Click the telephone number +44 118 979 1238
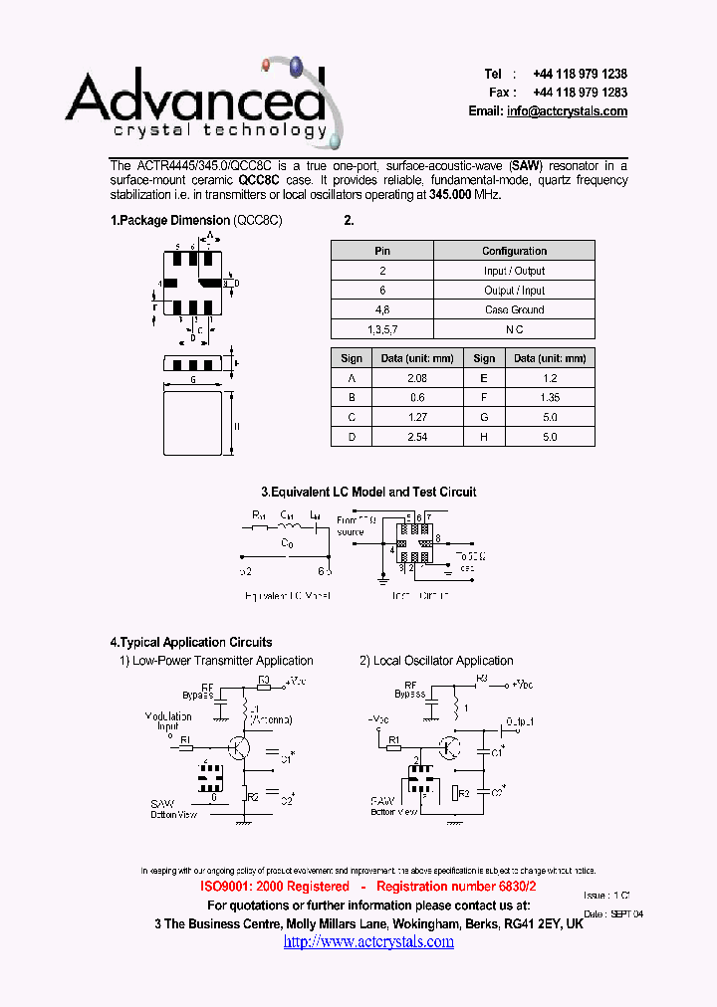(x=580, y=74)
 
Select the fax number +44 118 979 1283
(x=580, y=92)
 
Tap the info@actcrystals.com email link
(x=567, y=111)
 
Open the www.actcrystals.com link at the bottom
(x=368, y=941)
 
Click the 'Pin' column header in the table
(x=382, y=251)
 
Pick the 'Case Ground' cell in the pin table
(x=514, y=309)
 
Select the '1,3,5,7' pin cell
(x=382, y=329)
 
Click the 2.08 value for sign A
(x=418, y=378)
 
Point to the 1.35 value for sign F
(x=550, y=398)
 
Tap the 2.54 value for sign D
(x=418, y=437)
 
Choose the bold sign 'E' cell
(x=484, y=378)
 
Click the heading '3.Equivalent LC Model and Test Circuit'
(x=368, y=492)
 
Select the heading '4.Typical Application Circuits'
(x=190, y=642)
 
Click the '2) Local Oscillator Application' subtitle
(x=436, y=661)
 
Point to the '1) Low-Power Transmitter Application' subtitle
(x=216, y=661)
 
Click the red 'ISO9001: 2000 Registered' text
(x=275, y=886)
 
